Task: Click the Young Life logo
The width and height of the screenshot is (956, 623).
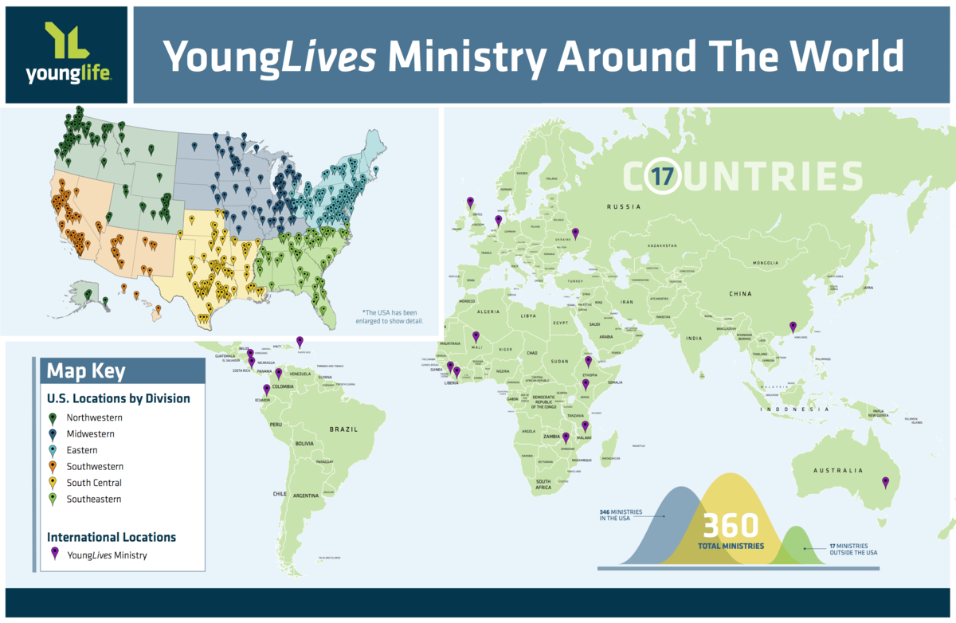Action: tap(66, 54)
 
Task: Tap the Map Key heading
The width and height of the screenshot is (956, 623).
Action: tap(85, 371)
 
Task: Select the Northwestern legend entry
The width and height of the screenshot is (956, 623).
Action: tap(94, 417)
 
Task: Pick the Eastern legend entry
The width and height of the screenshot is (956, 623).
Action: tap(83, 450)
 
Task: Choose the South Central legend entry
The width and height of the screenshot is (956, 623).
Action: tap(94, 483)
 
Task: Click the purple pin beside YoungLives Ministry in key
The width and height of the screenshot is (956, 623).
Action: tap(54, 554)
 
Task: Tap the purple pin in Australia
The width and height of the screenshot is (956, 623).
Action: tap(885, 482)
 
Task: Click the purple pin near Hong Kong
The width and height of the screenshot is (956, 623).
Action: tap(792, 326)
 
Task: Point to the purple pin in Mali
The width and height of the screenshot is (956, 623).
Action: tap(476, 336)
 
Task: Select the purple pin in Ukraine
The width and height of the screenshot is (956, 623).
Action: tap(575, 233)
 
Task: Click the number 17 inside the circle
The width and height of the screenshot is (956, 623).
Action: tap(662, 176)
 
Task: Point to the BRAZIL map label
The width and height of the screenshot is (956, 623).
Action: tap(344, 429)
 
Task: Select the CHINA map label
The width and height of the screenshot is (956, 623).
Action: tap(739, 294)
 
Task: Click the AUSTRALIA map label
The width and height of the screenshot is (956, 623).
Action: tap(836, 471)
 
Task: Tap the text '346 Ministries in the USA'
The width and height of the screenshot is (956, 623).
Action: tap(618, 516)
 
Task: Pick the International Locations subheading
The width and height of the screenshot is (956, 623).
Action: tap(112, 537)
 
